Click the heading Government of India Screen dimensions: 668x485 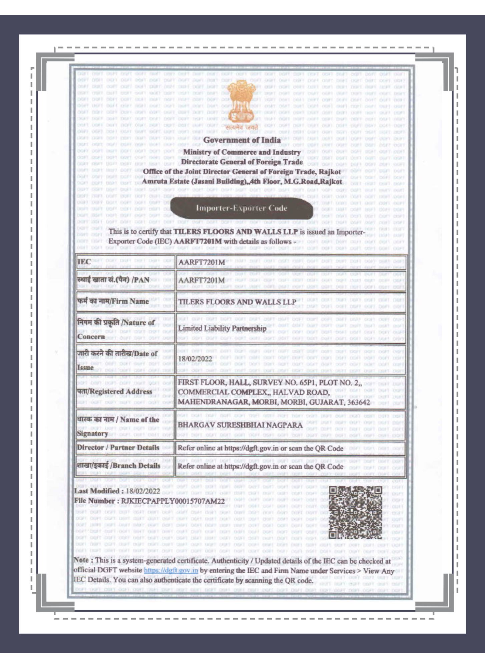pyautogui.click(x=242, y=140)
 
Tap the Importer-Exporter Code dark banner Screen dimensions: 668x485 pyautogui.click(x=241, y=208)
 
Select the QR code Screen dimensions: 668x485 pyautogui.click(x=355, y=512)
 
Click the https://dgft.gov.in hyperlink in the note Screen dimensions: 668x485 pyautogui.click(x=171, y=570)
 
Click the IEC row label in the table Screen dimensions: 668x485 pyautogui.click(x=84, y=262)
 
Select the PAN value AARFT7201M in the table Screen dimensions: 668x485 pyautogui.click(x=201, y=280)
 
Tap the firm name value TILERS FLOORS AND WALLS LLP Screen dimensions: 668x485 pyautogui.click(x=237, y=302)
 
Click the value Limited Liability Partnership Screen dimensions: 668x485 pyautogui.click(x=222, y=328)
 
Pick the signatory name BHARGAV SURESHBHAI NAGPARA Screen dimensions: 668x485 pyautogui.click(x=240, y=425)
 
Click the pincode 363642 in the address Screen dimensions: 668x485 pyautogui.click(x=358, y=402)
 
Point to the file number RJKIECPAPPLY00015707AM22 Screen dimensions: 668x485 pyautogui.click(x=172, y=501)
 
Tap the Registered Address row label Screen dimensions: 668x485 pyautogui.click(x=114, y=391)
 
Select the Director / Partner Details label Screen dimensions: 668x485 pyautogui.click(x=118, y=448)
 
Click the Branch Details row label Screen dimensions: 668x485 pyautogui.click(x=118, y=466)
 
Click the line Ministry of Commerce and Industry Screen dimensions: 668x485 pyautogui.click(x=242, y=152)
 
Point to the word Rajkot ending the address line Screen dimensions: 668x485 pyautogui.click(x=331, y=182)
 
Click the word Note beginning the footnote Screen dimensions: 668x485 pyautogui.click(x=81, y=560)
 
